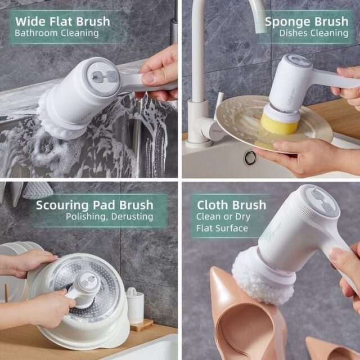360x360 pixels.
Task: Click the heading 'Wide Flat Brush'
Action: pos(62,21)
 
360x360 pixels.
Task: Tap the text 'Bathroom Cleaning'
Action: pos(57,33)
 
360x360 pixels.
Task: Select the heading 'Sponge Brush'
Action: pos(307,21)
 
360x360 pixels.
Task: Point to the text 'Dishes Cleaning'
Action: pos(314,33)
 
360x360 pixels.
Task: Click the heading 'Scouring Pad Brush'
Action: pos(94,205)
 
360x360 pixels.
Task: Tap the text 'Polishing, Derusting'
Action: pos(110,217)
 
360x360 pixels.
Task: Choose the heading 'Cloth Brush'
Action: pos(231,205)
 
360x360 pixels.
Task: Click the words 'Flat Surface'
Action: pos(222,228)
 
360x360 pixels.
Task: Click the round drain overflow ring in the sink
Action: pos(250,157)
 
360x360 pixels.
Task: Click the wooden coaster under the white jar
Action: pos(142,325)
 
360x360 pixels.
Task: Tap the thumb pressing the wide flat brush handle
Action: pos(152,76)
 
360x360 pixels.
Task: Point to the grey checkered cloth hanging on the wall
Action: pos(38,190)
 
